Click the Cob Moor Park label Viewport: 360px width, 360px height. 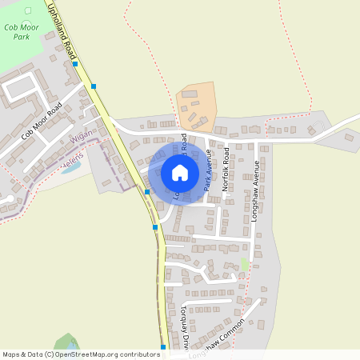[x=22, y=31]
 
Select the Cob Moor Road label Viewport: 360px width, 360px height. [x=42, y=122]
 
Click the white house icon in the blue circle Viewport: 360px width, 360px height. [x=179, y=173]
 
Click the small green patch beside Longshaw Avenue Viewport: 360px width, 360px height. [x=245, y=264]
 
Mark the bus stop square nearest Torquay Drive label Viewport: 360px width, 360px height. [x=163, y=347]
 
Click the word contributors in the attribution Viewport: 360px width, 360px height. [x=138, y=354]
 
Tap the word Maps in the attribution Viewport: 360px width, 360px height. [x=11, y=354]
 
